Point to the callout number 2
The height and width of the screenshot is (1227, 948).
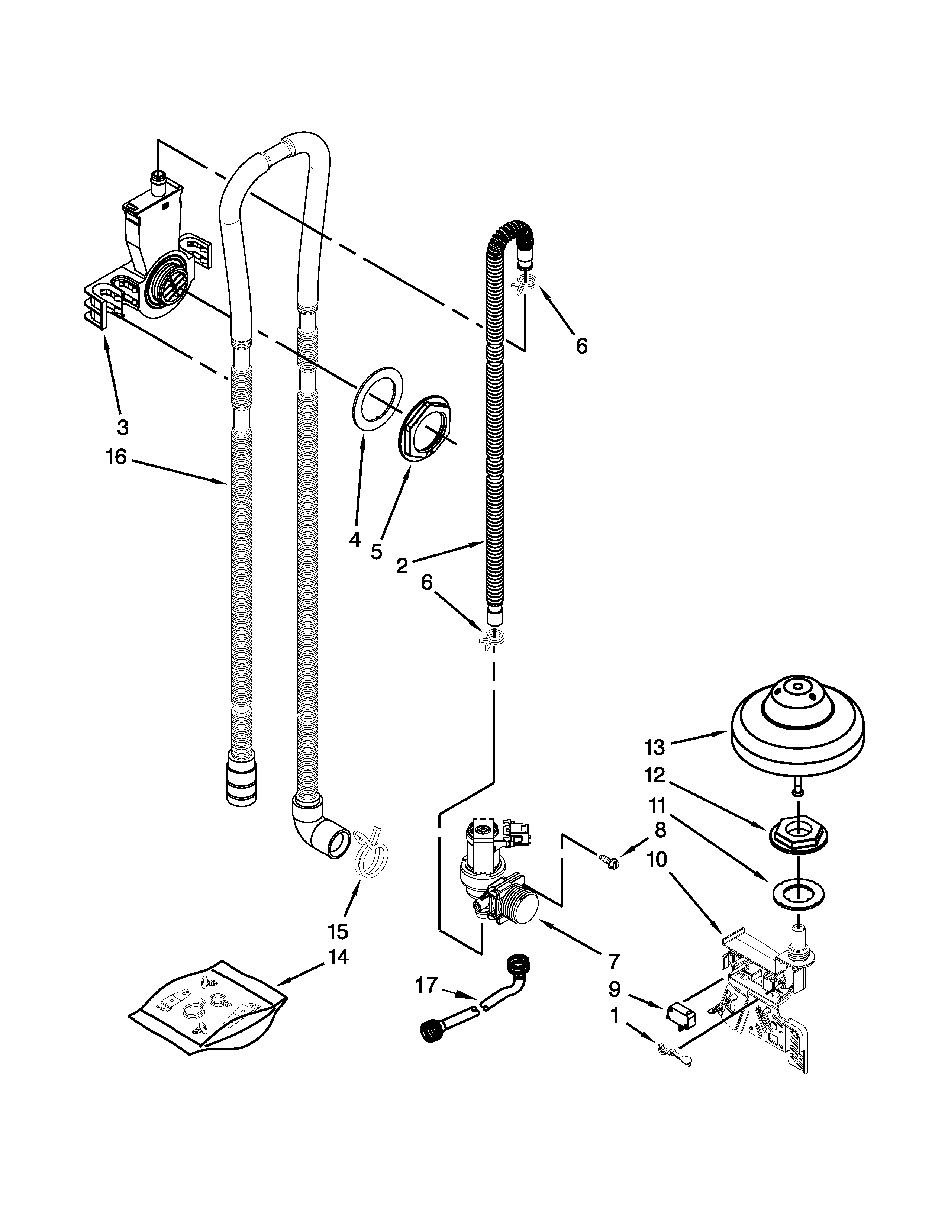(402, 566)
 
